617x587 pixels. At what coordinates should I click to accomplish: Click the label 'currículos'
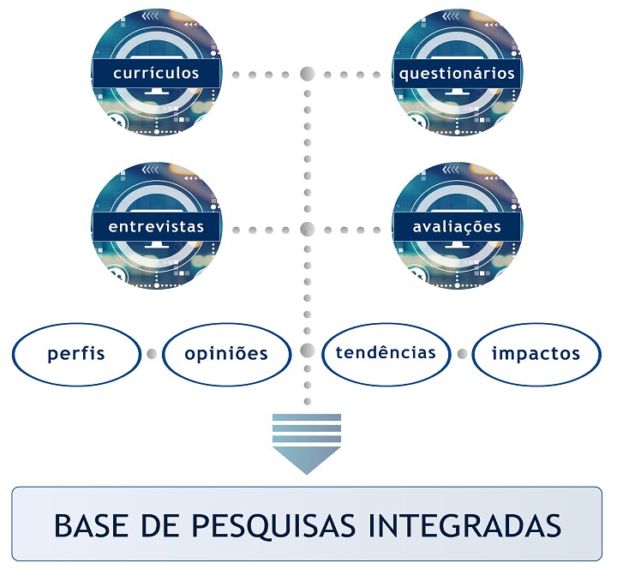(156, 73)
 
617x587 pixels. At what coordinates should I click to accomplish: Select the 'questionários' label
(457, 74)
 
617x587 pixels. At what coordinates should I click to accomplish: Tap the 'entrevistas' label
(156, 226)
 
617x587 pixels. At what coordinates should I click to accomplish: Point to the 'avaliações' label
(457, 227)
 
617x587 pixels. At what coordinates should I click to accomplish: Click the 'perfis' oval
(76, 355)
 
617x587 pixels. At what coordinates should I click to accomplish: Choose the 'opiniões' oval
(226, 355)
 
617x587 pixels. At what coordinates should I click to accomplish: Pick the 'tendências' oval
(386, 355)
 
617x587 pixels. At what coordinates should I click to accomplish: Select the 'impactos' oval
(536, 355)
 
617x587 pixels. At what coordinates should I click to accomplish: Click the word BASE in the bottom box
(92, 525)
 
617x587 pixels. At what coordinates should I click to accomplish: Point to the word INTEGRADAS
(464, 525)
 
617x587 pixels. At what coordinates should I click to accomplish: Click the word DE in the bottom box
(160, 525)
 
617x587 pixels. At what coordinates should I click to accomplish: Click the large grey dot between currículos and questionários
(308, 74)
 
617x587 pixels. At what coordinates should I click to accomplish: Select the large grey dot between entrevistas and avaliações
(308, 230)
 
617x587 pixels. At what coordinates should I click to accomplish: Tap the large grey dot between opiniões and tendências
(308, 350)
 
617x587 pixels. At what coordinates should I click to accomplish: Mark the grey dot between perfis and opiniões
(152, 354)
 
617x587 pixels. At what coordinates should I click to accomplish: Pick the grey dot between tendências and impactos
(463, 354)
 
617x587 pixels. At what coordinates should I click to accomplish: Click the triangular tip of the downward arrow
(307, 474)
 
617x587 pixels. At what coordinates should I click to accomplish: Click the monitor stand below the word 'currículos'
(157, 92)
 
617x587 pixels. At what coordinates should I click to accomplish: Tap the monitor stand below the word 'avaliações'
(458, 245)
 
